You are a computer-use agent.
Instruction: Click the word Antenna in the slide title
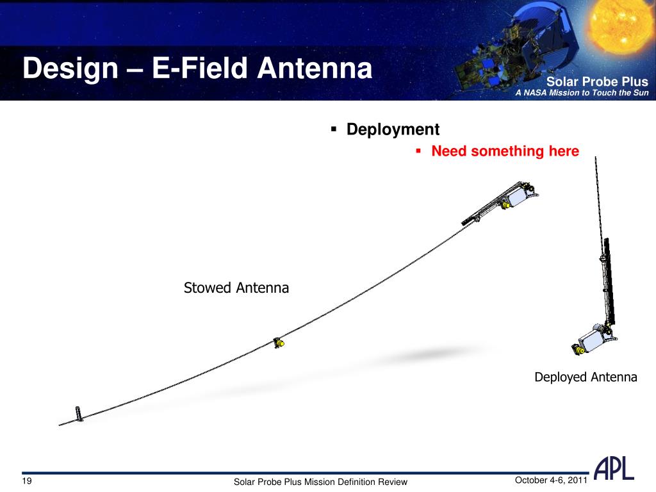coord(315,68)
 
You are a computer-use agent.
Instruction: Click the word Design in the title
coord(70,69)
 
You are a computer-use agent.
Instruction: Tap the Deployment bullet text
coord(393,129)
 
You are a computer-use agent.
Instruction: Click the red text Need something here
coord(505,151)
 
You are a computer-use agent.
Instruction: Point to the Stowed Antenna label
coord(236,288)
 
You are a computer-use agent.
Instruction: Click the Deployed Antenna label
coord(586,377)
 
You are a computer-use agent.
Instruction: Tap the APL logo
coord(614,468)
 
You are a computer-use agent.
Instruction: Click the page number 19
coord(27,480)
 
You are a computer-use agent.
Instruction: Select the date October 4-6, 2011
coord(551,480)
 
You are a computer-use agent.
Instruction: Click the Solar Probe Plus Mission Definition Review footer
coord(320,482)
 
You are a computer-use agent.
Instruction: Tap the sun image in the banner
coord(620,27)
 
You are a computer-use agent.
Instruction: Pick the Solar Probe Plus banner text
coord(597,81)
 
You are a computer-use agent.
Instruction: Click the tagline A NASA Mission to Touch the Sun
coord(582,92)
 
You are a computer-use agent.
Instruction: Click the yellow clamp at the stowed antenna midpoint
coord(279,343)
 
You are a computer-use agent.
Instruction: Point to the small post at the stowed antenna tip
coord(79,414)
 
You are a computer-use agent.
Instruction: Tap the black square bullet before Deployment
coord(333,129)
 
